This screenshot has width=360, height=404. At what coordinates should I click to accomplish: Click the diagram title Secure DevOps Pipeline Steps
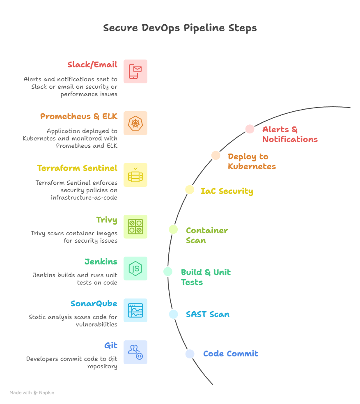(180, 28)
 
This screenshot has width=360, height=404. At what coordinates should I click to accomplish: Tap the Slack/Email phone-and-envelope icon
(135, 71)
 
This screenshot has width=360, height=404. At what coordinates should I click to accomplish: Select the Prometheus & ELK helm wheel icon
(135, 123)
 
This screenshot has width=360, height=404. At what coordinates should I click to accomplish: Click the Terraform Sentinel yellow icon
(135, 175)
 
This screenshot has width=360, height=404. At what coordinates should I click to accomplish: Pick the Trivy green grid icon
(135, 227)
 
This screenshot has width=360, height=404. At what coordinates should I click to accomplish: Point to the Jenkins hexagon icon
(135, 269)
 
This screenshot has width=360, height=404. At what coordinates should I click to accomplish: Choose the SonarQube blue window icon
(135, 310)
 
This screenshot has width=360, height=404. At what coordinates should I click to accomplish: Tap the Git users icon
(135, 352)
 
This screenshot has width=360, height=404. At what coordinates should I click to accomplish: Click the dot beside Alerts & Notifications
(250, 129)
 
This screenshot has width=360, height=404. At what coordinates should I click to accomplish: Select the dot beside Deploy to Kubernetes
(216, 155)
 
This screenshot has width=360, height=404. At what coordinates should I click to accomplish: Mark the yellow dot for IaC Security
(189, 189)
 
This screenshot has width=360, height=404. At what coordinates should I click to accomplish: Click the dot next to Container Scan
(173, 230)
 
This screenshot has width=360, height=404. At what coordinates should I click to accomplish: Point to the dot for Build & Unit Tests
(167, 271)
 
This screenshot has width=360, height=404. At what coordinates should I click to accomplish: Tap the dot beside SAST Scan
(174, 314)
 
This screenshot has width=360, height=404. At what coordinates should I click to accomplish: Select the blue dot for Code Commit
(190, 353)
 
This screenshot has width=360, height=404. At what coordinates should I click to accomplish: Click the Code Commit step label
(231, 353)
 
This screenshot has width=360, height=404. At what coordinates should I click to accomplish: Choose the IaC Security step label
(227, 191)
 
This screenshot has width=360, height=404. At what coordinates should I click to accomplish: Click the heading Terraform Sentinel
(77, 168)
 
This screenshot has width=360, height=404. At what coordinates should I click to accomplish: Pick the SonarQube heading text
(94, 304)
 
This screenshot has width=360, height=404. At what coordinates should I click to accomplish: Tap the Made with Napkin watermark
(32, 393)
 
